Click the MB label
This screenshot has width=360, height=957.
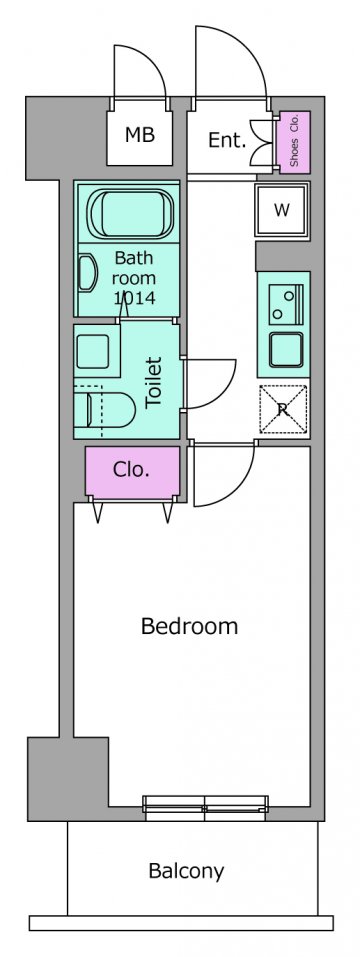click(x=140, y=134)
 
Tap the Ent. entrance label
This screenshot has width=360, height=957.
click(x=227, y=140)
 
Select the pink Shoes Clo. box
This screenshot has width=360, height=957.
click(x=293, y=141)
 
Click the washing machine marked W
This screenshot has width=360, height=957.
click(x=282, y=210)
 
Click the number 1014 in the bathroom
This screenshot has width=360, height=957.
click(x=135, y=298)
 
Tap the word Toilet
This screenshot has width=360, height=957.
click(x=154, y=383)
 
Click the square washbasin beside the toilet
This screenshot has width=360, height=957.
click(x=95, y=350)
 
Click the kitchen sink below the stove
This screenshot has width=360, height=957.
click(x=286, y=350)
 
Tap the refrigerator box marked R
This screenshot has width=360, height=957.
click(x=283, y=410)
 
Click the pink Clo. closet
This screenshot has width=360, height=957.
click(x=132, y=471)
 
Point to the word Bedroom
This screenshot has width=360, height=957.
click(x=189, y=626)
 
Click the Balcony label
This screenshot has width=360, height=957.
click(x=186, y=871)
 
